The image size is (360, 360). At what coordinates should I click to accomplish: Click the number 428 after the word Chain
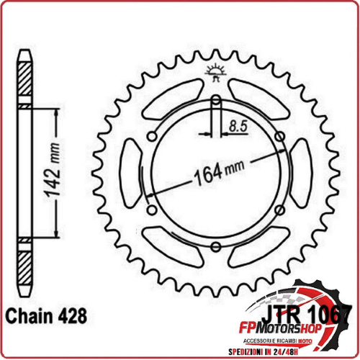tap(72, 316)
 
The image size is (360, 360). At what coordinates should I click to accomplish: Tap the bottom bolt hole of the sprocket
tap(215, 247)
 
